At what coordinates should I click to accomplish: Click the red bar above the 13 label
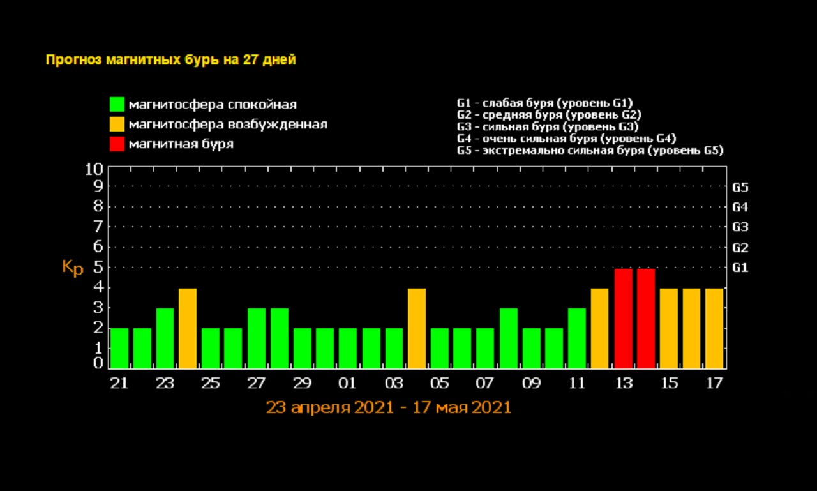pyautogui.click(x=623, y=319)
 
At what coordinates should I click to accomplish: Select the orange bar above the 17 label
pyautogui.click(x=714, y=328)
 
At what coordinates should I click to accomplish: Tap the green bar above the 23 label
pyautogui.click(x=165, y=338)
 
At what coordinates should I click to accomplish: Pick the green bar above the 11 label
pyautogui.click(x=577, y=338)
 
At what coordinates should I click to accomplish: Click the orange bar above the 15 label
pyautogui.click(x=668, y=328)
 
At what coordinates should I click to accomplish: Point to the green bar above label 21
pyautogui.click(x=119, y=348)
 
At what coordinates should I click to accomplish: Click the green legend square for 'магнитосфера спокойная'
pyautogui.click(x=117, y=104)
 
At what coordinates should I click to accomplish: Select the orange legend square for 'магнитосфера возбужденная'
pyautogui.click(x=117, y=124)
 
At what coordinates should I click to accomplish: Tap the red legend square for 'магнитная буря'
pyautogui.click(x=117, y=144)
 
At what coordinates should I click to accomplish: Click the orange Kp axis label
pyautogui.click(x=73, y=268)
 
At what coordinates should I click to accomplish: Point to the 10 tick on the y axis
pyautogui.click(x=93, y=169)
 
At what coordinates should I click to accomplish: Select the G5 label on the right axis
pyautogui.click(x=740, y=188)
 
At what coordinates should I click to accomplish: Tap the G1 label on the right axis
pyautogui.click(x=740, y=268)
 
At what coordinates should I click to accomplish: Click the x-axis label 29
pyautogui.click(x=302, y=384)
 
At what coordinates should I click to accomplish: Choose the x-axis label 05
pyautogui.click(x=439, y=384)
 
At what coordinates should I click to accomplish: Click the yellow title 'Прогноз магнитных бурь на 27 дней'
pyautogui.click(x=170, y=60)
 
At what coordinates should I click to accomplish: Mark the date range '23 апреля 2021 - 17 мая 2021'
pyautogui.click(x=389, y=407)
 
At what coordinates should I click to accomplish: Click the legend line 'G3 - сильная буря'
pyautogui.click(x=548, y=126)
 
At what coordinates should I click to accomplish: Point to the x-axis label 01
pyautogui.click(x=347, y=384)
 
